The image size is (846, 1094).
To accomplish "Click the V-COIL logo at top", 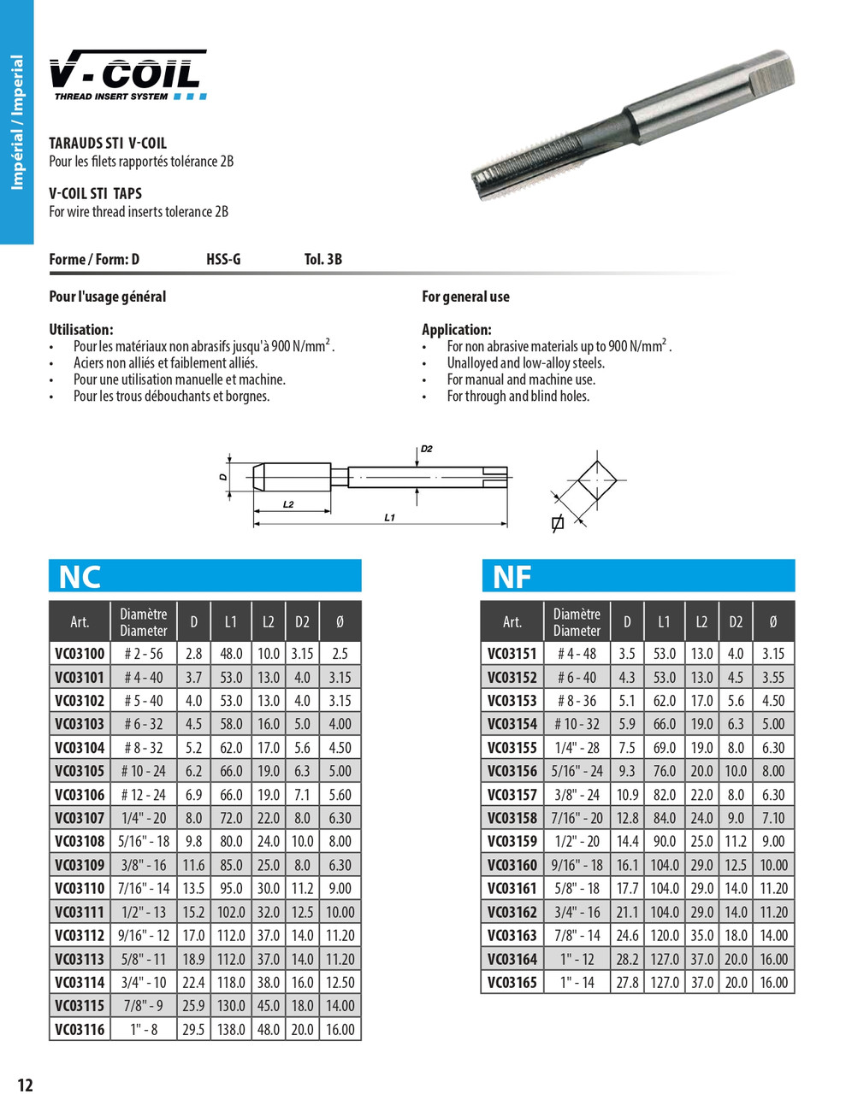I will coord(127,75).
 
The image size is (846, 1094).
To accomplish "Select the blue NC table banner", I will coord(204,576).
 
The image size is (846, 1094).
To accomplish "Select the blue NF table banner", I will coord(637,576).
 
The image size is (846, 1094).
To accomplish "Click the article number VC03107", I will coord(80,818).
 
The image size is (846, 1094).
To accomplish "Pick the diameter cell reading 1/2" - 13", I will coord(143,912).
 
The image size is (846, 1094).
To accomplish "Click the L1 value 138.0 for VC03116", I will coord(231,1029).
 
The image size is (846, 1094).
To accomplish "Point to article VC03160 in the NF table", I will coord(512,865).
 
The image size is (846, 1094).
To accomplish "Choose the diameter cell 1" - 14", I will coord(577,982).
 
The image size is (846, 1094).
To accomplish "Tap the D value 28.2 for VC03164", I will coord(627,959).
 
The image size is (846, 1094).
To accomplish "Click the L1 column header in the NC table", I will coord(231,622).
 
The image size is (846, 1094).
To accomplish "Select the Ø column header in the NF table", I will coord(773,622).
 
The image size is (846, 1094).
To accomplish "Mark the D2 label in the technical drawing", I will coord(426,449).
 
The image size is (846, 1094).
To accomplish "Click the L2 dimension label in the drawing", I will coord(288,505).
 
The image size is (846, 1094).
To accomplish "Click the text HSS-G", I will coord(223,260).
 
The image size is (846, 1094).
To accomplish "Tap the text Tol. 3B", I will coord(322,260).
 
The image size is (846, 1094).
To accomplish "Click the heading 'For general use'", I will coord(465,297).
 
